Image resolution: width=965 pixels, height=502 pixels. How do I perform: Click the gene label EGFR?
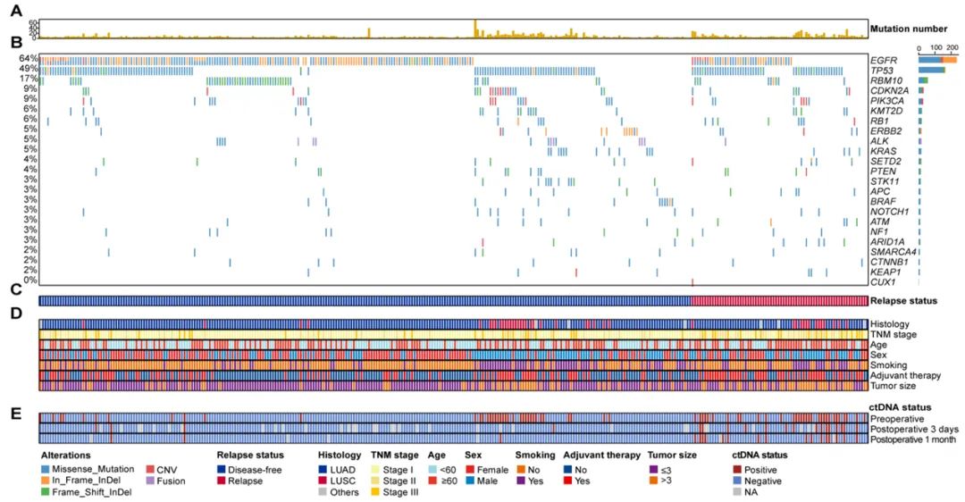click(x=884, y=60)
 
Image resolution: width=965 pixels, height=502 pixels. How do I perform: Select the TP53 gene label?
click(x=883, y=70)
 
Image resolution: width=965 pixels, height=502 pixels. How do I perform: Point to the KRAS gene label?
click(x=883, y=150)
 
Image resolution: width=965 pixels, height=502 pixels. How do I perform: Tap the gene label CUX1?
click(x=883, y=280)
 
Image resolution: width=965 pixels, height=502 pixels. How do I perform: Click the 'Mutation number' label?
click(x=914, y=29)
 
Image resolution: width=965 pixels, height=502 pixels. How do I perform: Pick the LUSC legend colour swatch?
click(x=324, y=481)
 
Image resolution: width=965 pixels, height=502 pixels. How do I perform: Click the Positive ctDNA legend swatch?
click(x=738, y=468)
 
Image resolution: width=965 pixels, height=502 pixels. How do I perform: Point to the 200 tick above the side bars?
click(x=952, y=47)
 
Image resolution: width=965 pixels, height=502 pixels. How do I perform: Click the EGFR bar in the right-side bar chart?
click(x=936, y=60)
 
